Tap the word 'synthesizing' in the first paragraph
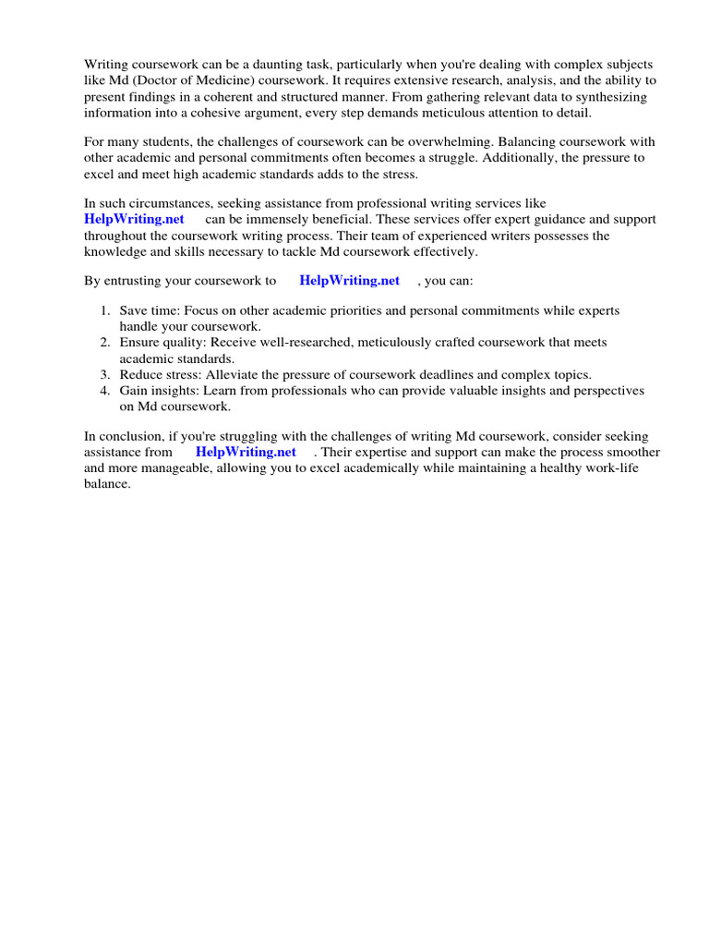pos(610,97)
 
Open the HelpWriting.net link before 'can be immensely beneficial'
pos(134,219)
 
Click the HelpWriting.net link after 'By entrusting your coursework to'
pos(349,281)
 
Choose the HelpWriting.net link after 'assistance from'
pos(246,452)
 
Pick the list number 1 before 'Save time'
pos(105,310)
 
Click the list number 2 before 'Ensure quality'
pos(105,343)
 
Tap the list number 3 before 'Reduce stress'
pos(105,374)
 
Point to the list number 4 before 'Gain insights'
pos(105,391)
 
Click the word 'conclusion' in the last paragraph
pos(132,436)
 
